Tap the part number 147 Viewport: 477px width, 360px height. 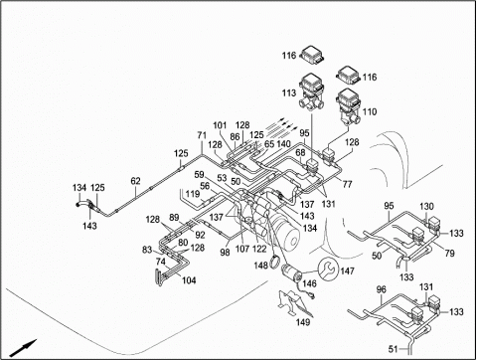pos(347,271)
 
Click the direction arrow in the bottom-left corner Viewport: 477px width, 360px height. pos(23,348)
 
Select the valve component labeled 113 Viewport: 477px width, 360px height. pos(312,91)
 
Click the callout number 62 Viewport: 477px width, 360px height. pos(135,181)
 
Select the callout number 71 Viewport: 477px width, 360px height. pos(202,135)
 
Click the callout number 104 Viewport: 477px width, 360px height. pos(189,280)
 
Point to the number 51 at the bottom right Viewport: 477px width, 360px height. pos(393,349)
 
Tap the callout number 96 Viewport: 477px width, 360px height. pos(382,289)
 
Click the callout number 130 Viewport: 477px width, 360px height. pos(426,207)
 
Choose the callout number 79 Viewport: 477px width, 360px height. pos(449,254)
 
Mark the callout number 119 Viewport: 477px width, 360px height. pos(193,194)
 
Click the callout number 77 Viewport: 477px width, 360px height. pos(348,184)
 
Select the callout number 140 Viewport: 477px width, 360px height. pos(283,144)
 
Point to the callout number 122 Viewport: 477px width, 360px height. pos(259,249)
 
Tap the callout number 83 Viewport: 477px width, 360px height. pos(147,250)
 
